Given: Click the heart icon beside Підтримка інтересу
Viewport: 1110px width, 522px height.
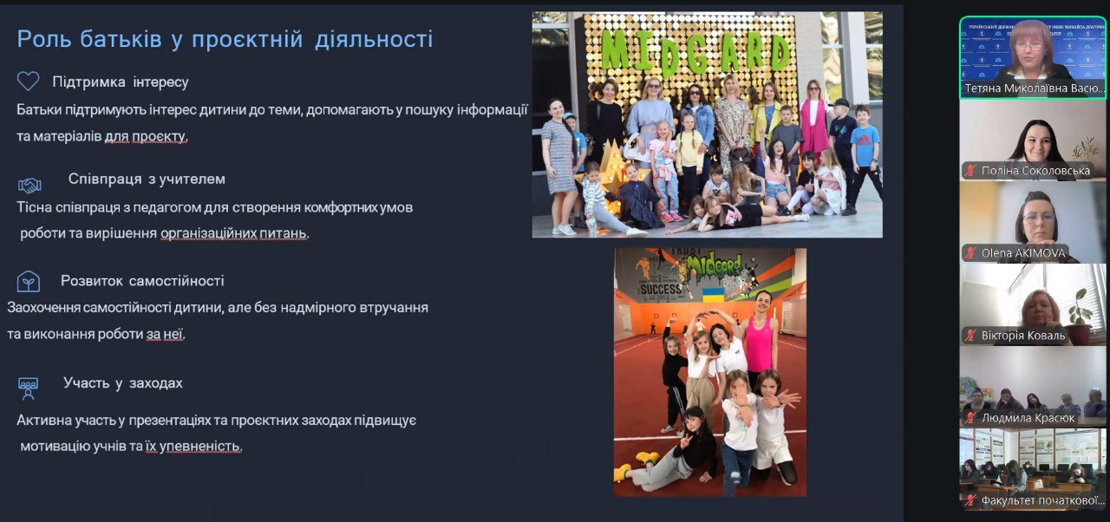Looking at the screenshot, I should [x=28, y=82].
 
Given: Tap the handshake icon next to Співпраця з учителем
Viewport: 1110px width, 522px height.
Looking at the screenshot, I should [x=29, y=185].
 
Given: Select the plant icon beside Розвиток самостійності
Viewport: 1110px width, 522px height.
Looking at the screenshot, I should [x=28, y=281].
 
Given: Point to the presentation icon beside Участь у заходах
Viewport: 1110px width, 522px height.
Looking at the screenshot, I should [x=28, y=388].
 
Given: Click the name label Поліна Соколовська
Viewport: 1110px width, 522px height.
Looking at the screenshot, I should [x=1035, y=171].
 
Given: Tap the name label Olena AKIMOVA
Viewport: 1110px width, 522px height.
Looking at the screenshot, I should [x=1023, y=253].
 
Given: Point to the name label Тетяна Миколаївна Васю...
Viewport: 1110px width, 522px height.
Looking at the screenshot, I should [x=1034, y=88].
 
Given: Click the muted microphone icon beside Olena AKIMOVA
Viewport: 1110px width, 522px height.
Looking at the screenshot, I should [x=971, y=253].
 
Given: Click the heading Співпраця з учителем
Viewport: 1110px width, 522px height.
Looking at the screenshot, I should [x=147, y=179].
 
